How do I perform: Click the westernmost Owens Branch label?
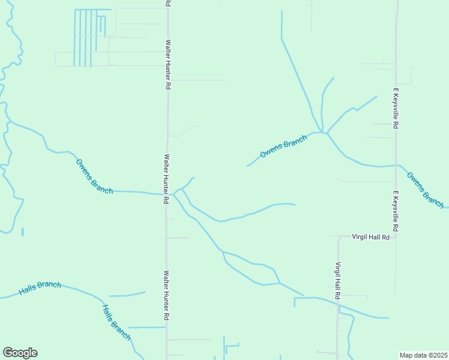(x=94, y=175)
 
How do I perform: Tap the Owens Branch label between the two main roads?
(x=283, y=146)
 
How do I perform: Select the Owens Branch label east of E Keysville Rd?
(x=424, y=187)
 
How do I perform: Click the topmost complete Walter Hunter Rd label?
(x=169, y=65)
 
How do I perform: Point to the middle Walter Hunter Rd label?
(x=167, y=179)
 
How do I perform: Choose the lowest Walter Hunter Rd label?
(x=167, y=295)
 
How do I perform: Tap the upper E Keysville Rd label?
(x=396, y=109)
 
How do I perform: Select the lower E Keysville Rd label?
(x=396, y=212)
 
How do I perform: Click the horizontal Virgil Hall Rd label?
(x=370, y=237)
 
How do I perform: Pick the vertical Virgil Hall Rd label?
(x=338, y=281)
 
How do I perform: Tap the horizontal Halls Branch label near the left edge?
(x=40, y=288)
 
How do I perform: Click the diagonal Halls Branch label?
(x=116, y=323)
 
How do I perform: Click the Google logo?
(x=20, y=353)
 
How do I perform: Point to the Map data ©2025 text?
(x=423, y=355)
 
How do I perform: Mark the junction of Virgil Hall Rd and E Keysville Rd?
(x=396, y=236)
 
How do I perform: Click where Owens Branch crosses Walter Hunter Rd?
(x=167, y=194)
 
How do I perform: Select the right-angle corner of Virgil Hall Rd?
(x=338, y=237)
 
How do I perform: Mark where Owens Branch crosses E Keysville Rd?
(x=396, y=164)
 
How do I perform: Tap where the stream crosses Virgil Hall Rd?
(x=337, y=305)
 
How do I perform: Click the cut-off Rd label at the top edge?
(x=167, y=3)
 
